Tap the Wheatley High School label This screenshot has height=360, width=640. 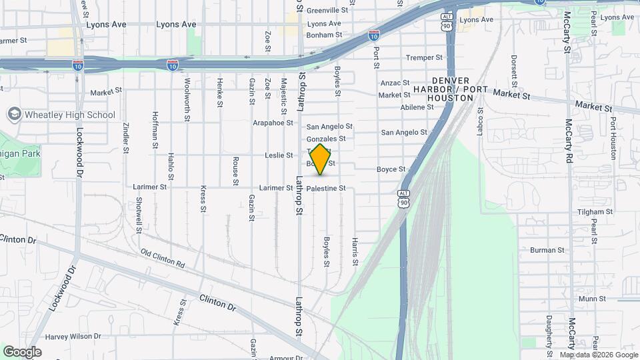(x=69, y=115)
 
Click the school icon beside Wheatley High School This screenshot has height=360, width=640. (x=14, y=115)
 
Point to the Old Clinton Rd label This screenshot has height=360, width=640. (x=162, y=258)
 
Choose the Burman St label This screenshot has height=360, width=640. (x=547, y=250)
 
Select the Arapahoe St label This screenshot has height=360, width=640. (x=273, y=123)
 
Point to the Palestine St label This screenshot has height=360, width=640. (x=326, y=189)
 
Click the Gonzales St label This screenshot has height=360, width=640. (x=326, y=139)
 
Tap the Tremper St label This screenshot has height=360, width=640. (x=424, y=58)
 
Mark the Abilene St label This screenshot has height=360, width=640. (x=417, y=107)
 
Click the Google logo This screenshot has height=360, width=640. (x=22, y=351)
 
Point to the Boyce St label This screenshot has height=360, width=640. (x=391, y=169)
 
